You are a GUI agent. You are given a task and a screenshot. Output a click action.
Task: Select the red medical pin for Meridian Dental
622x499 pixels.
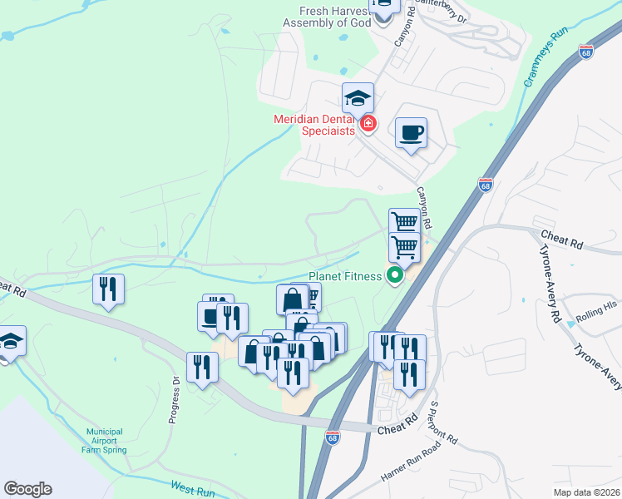368,126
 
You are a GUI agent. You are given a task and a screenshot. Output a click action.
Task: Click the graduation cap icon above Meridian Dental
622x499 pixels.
358,98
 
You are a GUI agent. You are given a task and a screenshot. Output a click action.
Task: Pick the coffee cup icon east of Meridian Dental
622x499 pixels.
412,132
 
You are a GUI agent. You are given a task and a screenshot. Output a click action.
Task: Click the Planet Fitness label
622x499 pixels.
344,276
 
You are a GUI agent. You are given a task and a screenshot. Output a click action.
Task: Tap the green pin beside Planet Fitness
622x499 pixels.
395,276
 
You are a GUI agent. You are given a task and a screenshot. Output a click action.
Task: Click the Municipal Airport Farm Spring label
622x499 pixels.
104,441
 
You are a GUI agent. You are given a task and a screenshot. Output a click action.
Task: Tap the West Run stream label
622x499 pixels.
193,489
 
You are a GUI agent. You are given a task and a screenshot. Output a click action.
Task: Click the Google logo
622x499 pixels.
27,489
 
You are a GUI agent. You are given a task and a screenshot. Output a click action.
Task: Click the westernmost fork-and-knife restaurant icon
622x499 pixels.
108,289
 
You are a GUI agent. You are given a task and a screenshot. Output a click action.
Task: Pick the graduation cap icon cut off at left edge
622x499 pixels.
10,341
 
